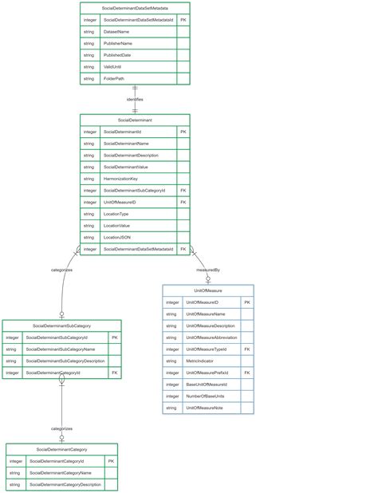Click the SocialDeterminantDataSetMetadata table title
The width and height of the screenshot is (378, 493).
click(135, 7)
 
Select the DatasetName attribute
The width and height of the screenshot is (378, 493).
click(116, 31)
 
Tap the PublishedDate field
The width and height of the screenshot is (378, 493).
click(117, 55)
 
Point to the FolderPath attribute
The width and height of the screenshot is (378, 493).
click(114, 79)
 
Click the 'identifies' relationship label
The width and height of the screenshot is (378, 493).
click(135, 99)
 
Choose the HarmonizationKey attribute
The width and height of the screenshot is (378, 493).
click(120, 179)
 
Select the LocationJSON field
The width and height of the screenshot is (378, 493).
click(117, 238)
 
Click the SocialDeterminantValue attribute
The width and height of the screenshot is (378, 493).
click(126, 167)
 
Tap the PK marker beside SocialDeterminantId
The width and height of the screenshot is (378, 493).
click(183, 132)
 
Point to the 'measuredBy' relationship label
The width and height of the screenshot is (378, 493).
click(208, 270)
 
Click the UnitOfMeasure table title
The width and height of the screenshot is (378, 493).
click(208, 291)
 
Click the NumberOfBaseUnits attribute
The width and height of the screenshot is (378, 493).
click(205, 396)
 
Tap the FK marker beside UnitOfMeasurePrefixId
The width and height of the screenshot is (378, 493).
click(247, 373)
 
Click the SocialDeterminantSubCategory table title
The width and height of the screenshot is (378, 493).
click(61, 325)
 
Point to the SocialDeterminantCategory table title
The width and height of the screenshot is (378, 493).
click(61, 449)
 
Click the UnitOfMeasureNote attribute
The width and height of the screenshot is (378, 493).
click(204, 408)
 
